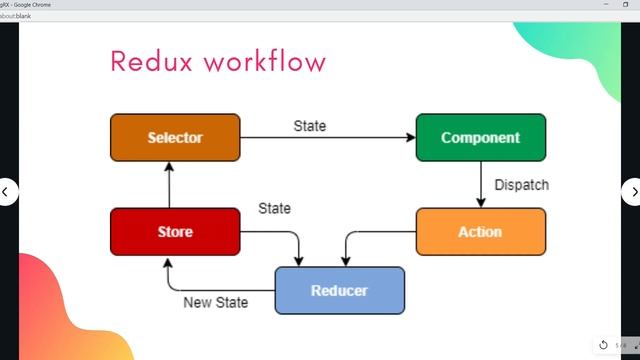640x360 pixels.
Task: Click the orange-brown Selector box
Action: click(175, 138)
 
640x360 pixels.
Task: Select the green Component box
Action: click(480, 138)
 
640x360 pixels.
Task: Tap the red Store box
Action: click(175, 232)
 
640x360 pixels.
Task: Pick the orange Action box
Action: click(480, 232)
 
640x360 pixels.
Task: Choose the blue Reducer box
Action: click(339, 291)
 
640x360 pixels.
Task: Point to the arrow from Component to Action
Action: click(481, 184)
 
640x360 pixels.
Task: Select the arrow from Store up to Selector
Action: click(169, 184)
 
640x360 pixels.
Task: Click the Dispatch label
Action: click(521, 185)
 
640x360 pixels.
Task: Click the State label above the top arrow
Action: click(309, 126)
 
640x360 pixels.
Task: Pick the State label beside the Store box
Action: click(274, 209)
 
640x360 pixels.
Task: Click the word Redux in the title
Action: click(150, 62)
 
